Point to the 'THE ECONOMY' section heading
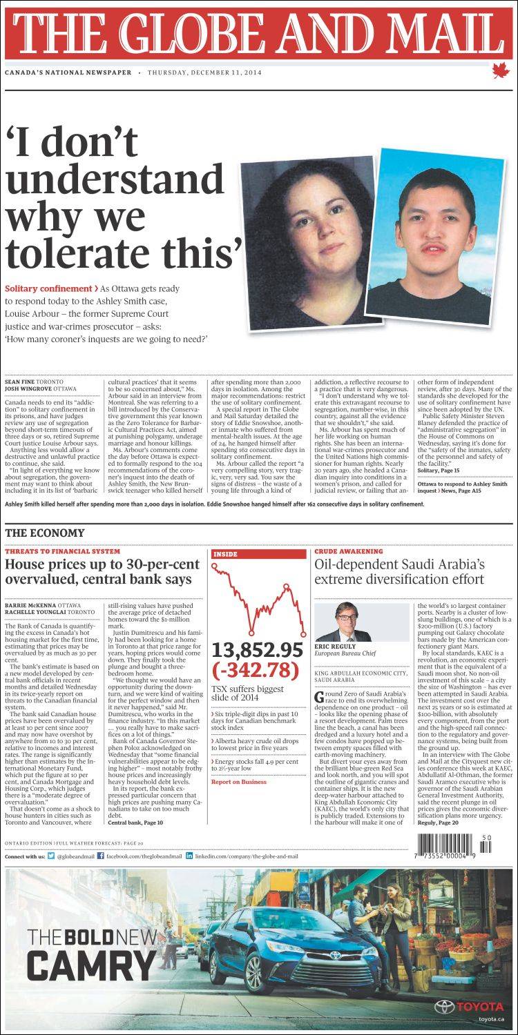pyautogui.click(x=45, y=533)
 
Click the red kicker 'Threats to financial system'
pyautogui.click(x=62, y=551)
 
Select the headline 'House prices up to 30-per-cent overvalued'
pyautogui.click(x=102, y=571)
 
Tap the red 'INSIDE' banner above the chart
pyautogui.click(x=258, y=554)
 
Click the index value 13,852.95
pyautogui.click(x=258, y=650)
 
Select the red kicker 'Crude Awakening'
pyautogui.click(x=348, y=551)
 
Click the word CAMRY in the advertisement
pyautogui.click(x=92, y=965)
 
